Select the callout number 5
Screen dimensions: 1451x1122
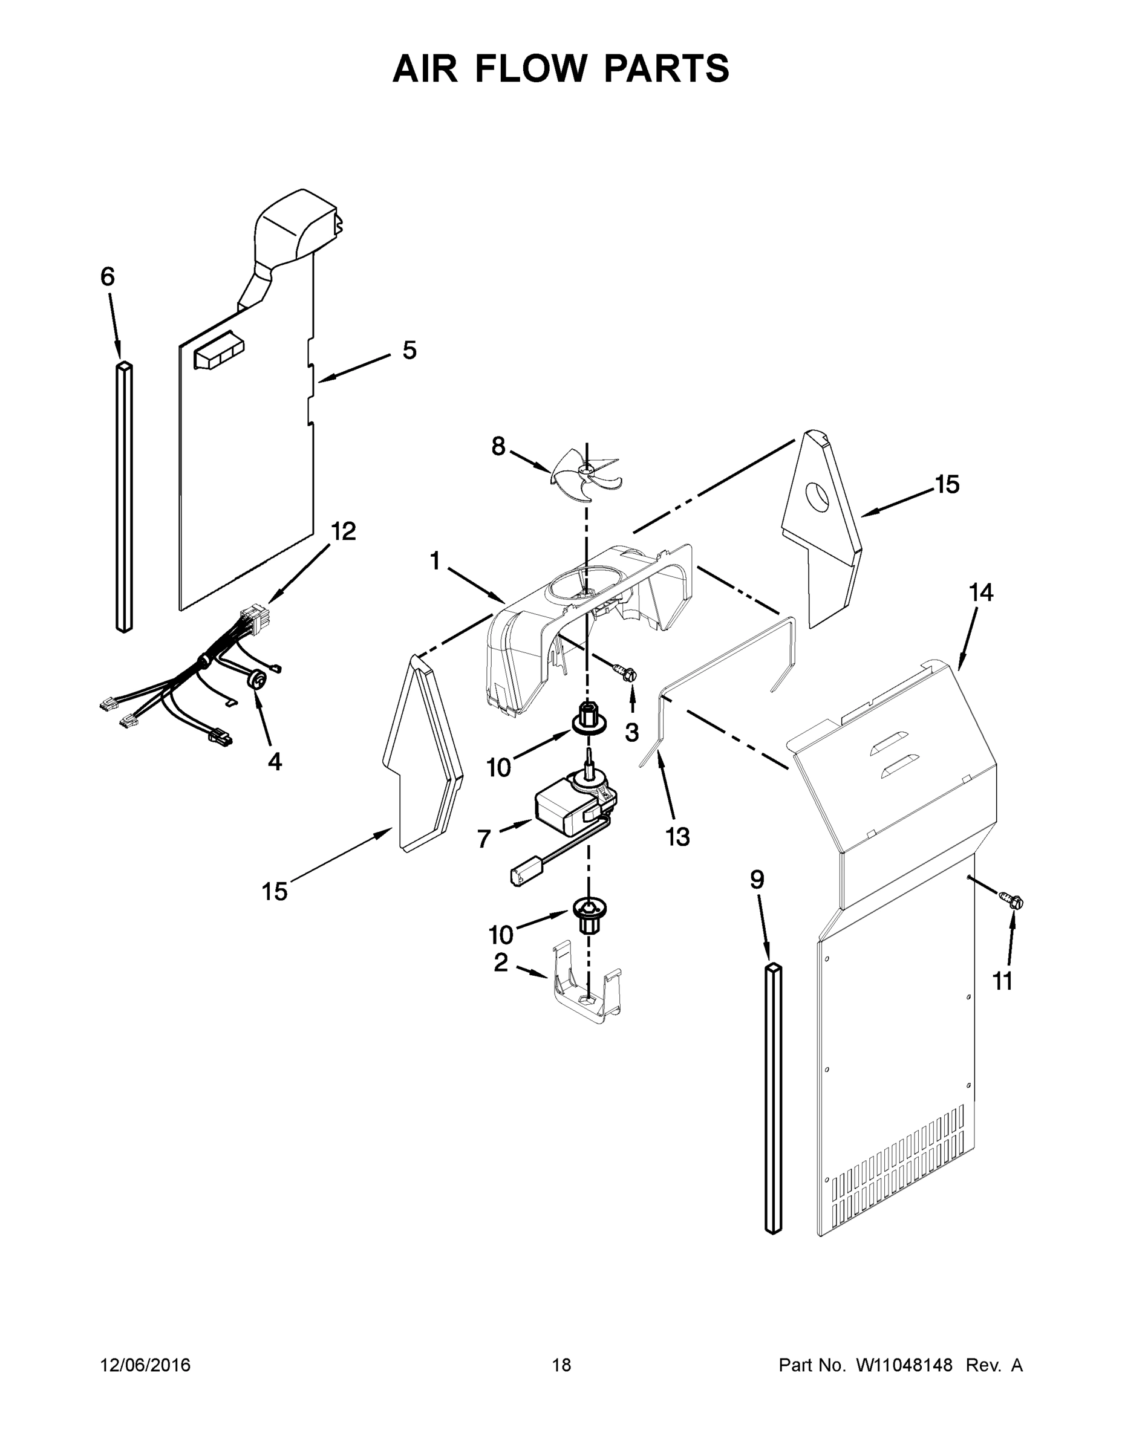point(409,351)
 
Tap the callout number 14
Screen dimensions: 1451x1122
point(981,592)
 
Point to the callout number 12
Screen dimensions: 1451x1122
point(344,531)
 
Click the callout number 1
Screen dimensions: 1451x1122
point(435,562)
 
